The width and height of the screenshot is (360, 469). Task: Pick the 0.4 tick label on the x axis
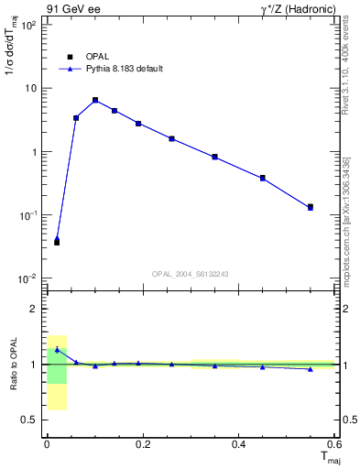(x=239, y=444)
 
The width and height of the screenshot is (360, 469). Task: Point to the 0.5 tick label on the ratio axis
(x=28, y=420)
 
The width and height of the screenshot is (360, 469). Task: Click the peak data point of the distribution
(x=95, y=100)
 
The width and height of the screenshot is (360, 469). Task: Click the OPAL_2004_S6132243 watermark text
(x=191, y=274)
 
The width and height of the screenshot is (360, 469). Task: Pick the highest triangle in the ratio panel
(x=57, y=350)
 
